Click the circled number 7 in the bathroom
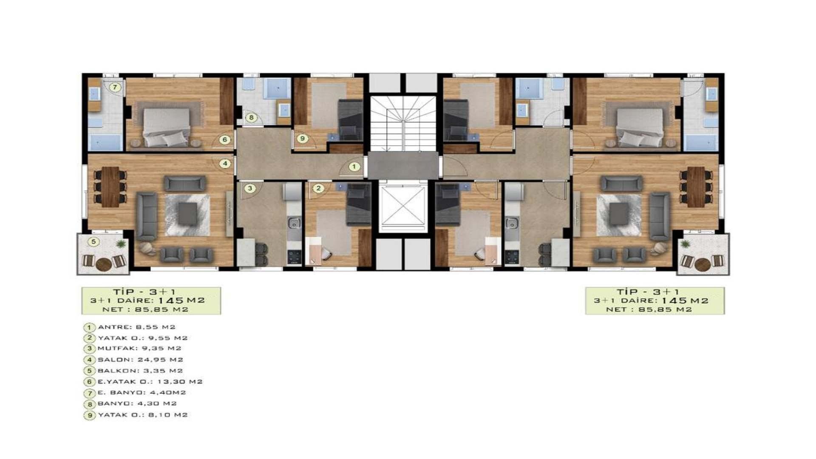[114, 88]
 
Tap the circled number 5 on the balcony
[93, 242]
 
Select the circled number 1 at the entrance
[354, 167]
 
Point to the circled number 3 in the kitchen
[250, 188]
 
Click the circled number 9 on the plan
[302, 138]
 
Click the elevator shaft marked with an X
[402, 206]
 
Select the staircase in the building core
[403, 123]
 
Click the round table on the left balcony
[104, 264]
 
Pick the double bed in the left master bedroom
[167, 127]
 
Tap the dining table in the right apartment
[696, 187]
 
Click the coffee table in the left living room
[187, 214]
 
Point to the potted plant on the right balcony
[685, 244]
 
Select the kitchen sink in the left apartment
[294, 223]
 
